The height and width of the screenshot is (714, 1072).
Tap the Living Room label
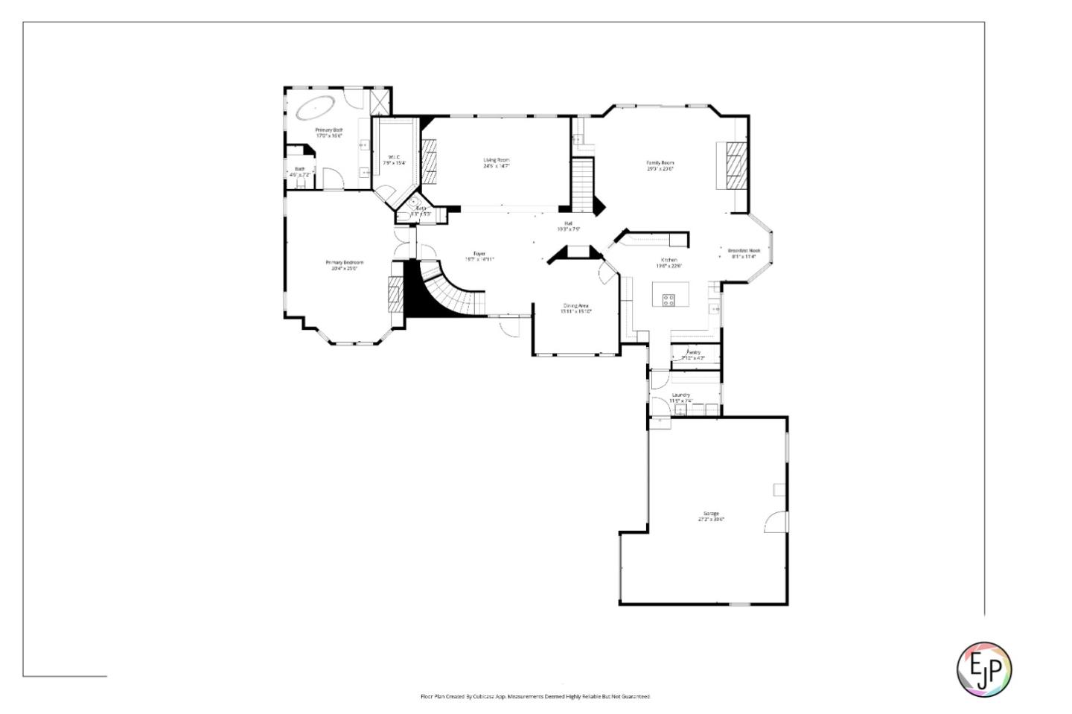coord(496,163)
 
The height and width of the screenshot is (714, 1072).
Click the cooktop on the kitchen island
coord(669,300)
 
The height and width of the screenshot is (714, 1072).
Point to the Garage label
coord(711,517)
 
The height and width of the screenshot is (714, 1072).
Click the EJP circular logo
coord(983,669)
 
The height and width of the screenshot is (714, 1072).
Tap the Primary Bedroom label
coord(344,265)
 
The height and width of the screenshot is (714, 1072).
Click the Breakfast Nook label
coord(744,253)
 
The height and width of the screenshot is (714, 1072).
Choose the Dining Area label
coord(576,308)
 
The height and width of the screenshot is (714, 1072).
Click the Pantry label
coord(693,355)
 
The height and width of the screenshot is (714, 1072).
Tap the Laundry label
coord(680,398)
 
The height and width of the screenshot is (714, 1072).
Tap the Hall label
coord(568,226)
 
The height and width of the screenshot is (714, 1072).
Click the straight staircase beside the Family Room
coord(582,183)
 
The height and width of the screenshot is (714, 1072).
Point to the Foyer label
coord(479,256)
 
